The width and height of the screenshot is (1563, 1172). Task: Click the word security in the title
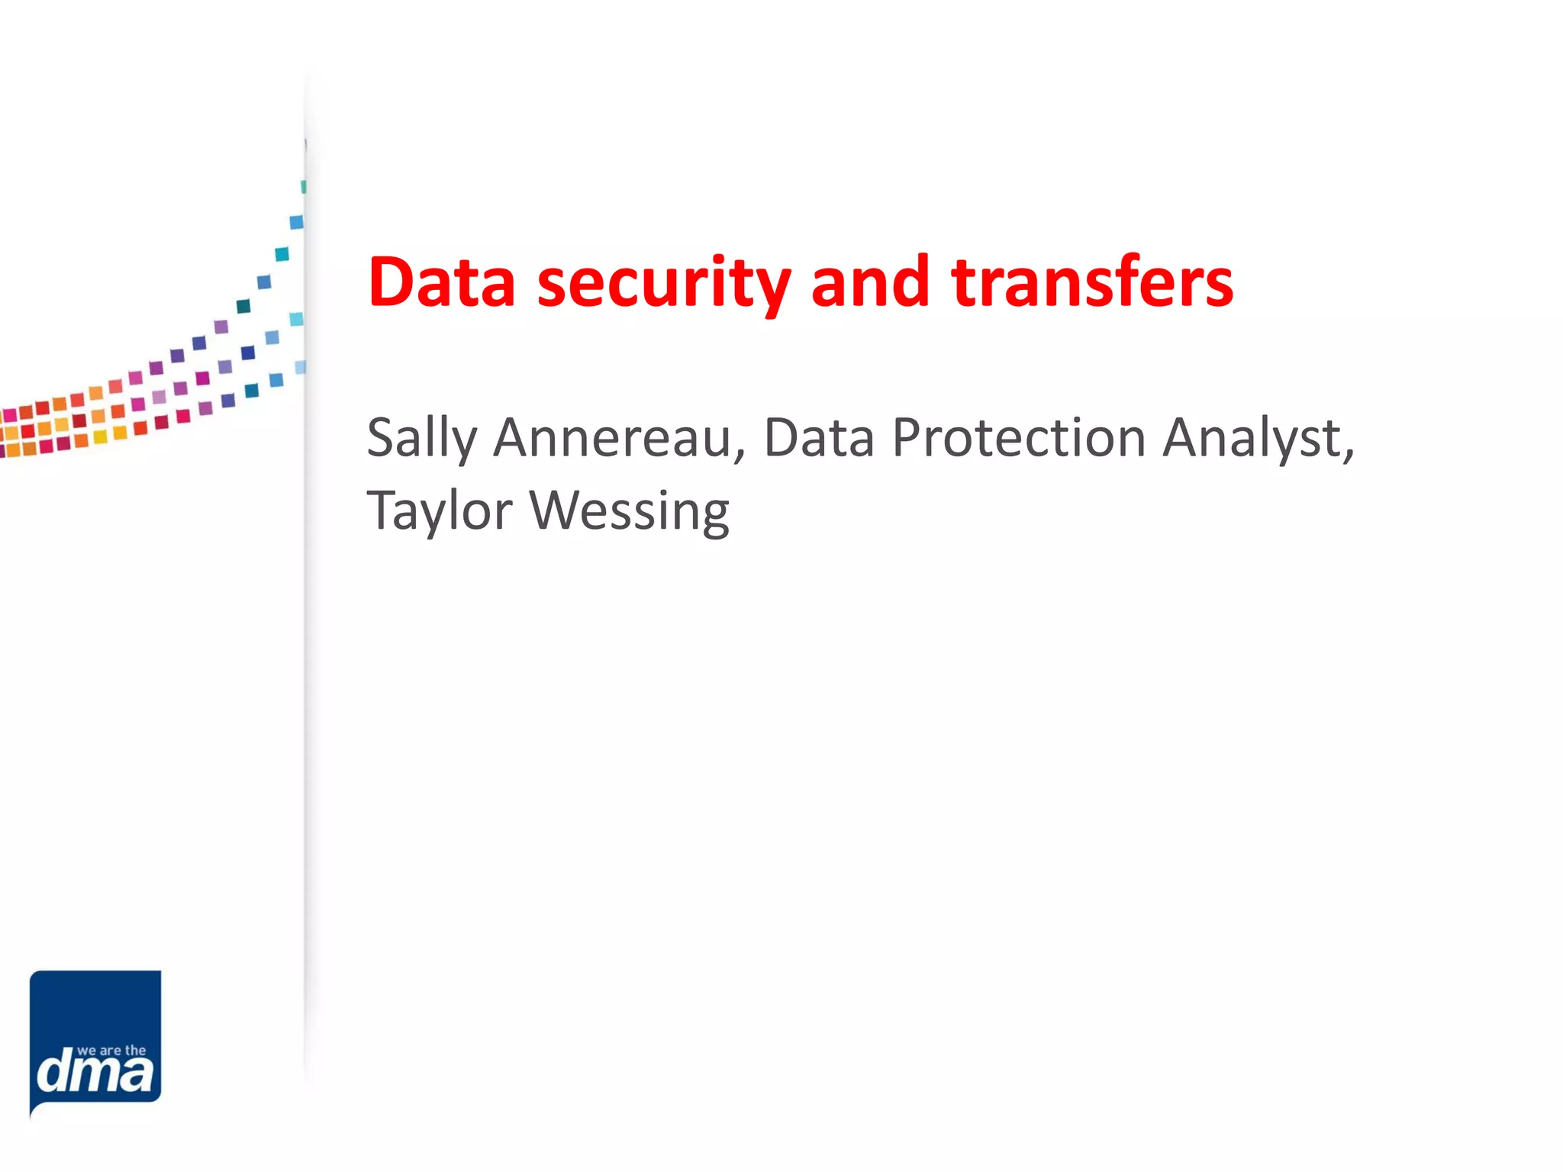(663, 284)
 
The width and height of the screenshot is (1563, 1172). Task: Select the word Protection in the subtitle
(1019, 438)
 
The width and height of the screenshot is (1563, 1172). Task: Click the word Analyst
(1252, 439)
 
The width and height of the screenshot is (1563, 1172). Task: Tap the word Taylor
(440, 511)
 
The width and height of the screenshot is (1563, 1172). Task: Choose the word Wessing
(630, 511)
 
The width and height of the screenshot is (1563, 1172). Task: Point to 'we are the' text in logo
(111, 1051)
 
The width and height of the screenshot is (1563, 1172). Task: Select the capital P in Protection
(909, 438)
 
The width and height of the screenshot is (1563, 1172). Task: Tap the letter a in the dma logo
(137, 1074)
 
